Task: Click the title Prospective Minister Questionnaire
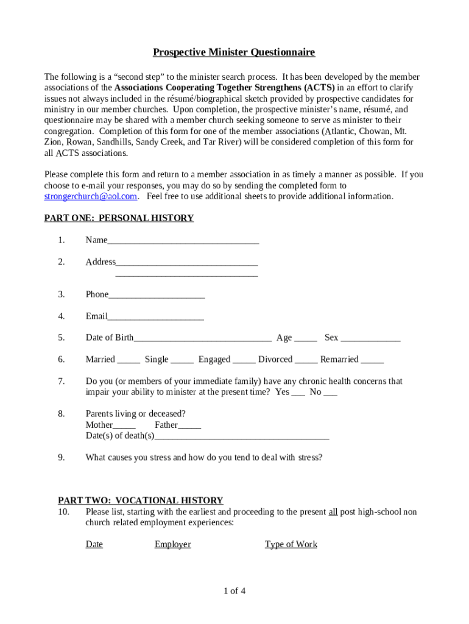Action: pos(234,52)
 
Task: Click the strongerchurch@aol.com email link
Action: pos(91,196)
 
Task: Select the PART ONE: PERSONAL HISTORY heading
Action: pos(119,218)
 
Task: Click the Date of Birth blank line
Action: pos(202,339)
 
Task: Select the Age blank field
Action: pos(306,339)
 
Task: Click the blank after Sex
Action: pos(370,339)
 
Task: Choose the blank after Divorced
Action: pos(306,361)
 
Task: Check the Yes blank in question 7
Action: pos(298,394)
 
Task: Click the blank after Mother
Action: pos(124,426)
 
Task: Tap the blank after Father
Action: pos(189,426)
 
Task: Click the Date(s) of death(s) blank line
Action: pos(242,437)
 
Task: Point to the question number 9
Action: pos(62,457)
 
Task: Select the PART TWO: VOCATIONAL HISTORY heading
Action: pos(140,500)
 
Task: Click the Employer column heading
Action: pos(172,544)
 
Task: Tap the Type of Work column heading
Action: pos(291,544)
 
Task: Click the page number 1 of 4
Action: pos(234,590)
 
